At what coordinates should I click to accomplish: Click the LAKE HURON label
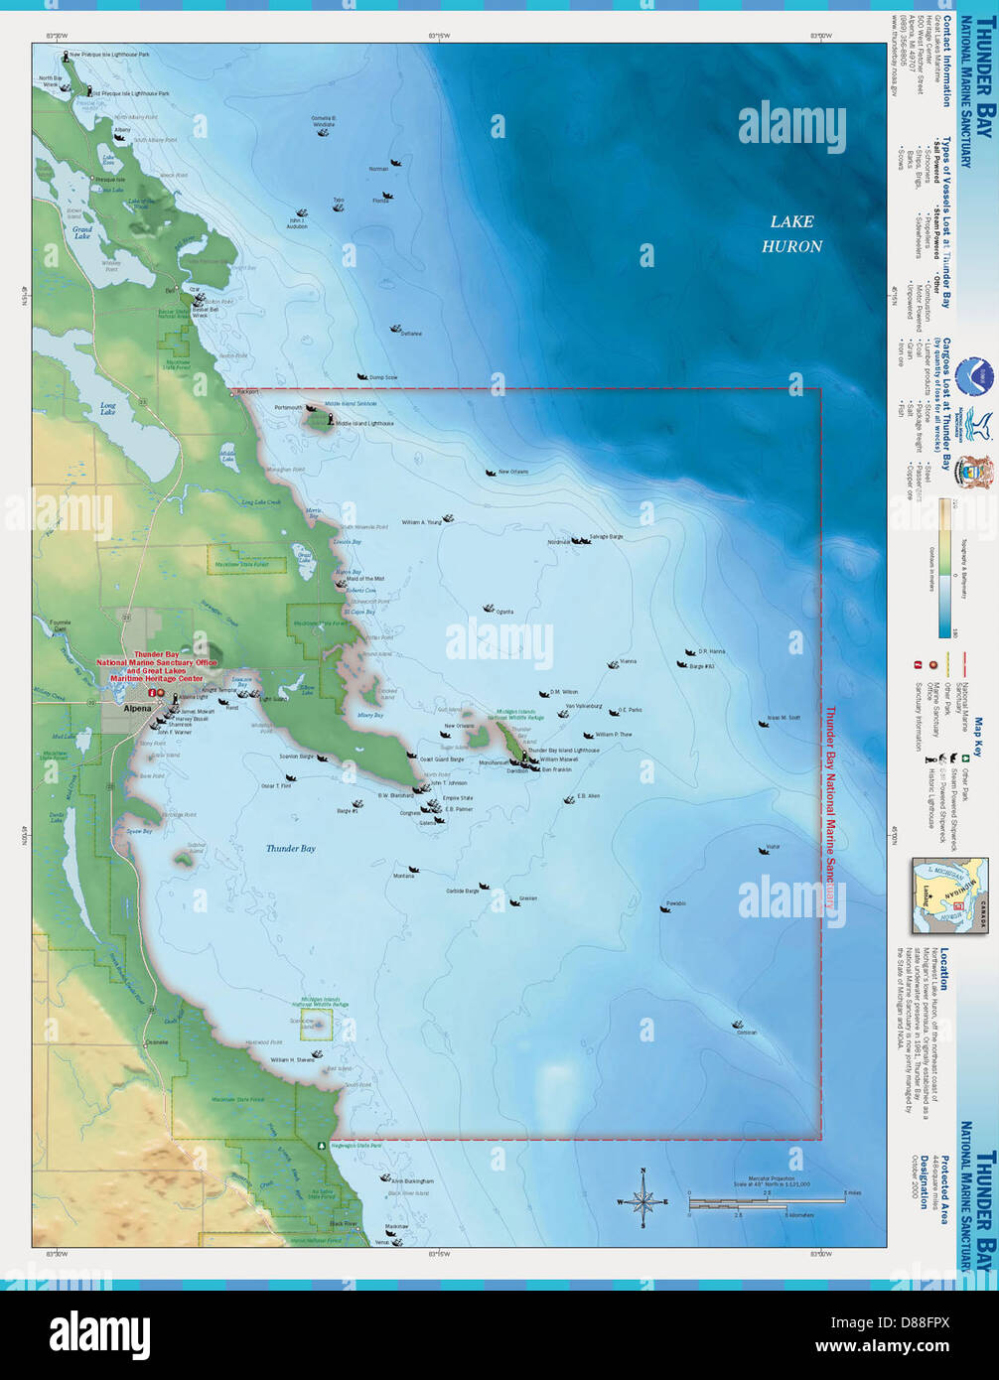(791, 234)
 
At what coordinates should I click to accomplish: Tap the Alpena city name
(137, 708)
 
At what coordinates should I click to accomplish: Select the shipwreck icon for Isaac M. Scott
(763, 724)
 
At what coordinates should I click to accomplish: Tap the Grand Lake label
(81, 233)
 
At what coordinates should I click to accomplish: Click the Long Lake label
(107, 408)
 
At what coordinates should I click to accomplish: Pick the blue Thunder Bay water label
(290, 849)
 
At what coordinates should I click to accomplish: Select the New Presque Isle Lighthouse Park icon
(66, 56)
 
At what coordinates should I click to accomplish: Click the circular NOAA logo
(974, 377)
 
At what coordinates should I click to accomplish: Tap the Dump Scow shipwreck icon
(362, 376)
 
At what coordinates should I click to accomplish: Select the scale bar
(740, 1202)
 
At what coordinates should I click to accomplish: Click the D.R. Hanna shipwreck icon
(683, 653)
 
